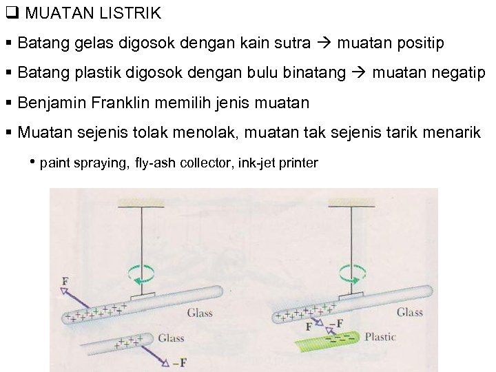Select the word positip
420,43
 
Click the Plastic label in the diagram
380,338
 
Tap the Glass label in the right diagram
410,312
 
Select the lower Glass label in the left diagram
171,338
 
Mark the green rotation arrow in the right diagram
351,273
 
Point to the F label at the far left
64,281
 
